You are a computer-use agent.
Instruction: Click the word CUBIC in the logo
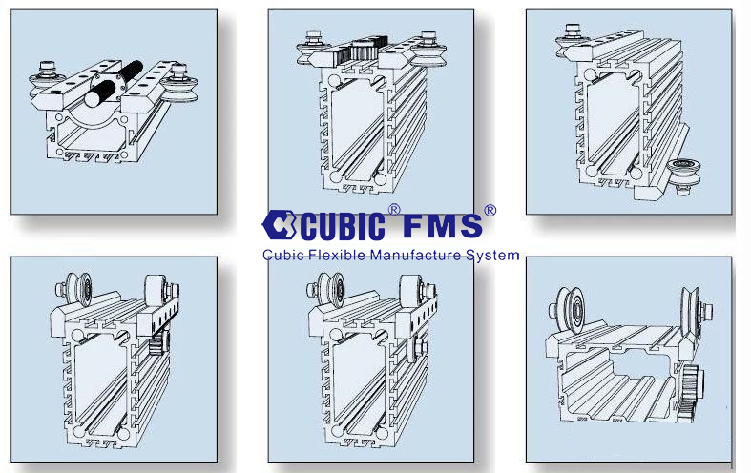point(343,226)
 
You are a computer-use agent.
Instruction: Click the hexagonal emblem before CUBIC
point(280,224)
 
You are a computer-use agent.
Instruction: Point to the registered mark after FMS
point(490,210)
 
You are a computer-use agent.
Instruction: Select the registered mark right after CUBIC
point(394,210)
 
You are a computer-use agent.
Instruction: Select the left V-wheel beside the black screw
point(47,81)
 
